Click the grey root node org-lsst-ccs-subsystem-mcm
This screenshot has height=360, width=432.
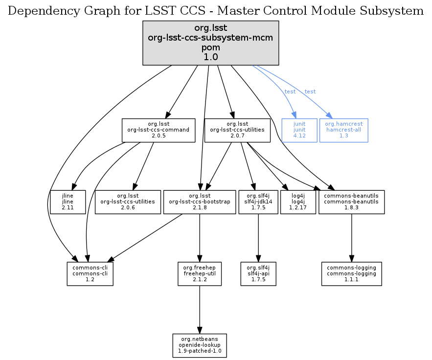[x=210, y=43]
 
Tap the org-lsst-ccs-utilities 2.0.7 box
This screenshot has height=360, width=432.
[x=237, y=130]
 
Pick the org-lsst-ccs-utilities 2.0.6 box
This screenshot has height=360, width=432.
[x=128, y=202]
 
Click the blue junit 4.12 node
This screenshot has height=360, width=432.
[x=299, y=130]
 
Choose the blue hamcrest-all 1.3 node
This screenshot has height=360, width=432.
[x=343, y=130]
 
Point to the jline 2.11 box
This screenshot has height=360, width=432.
[x=68, y=202]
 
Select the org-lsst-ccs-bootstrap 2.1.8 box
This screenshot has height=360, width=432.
[x=199, y=202]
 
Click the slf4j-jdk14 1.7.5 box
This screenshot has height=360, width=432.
[x=258, y=202]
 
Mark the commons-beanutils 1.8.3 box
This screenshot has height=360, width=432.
[x=351, y=202]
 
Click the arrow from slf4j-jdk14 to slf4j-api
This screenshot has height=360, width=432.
[x=258, y=238]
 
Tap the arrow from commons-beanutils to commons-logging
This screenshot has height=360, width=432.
[x=351, y=238]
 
